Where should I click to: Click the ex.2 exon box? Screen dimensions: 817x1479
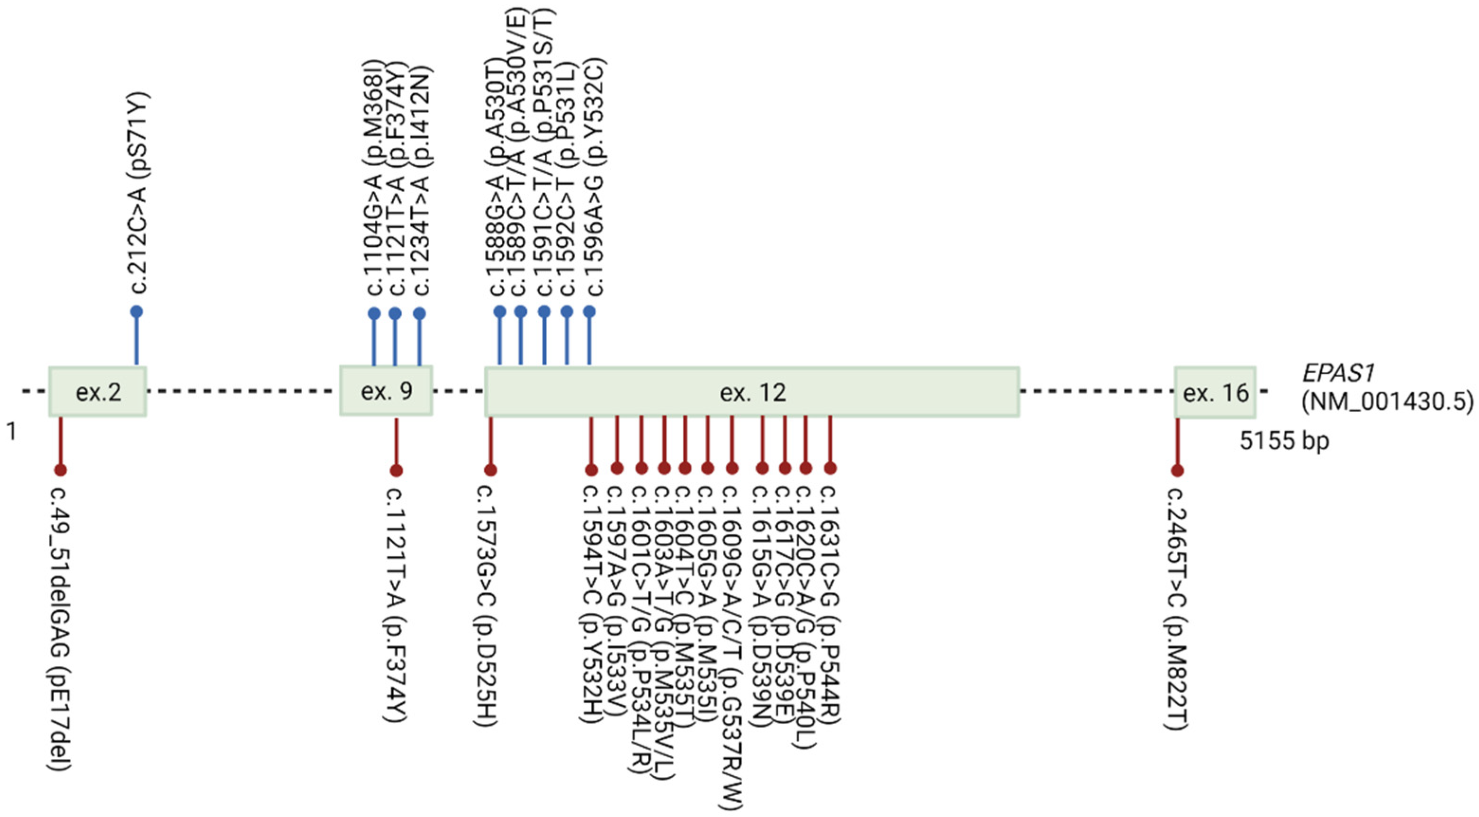pos(98,392)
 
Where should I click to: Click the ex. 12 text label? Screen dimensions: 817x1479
pos(753,393)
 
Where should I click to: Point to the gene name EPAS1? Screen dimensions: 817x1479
pos(1337,374)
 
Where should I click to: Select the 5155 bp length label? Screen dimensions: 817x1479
pos(1284,441)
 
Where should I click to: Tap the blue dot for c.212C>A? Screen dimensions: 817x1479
pos(136,312)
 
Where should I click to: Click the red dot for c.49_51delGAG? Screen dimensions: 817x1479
pos(60,470)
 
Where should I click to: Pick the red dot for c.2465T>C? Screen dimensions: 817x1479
pos(1178,471)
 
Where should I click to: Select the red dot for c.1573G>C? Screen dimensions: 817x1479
pos(490,470)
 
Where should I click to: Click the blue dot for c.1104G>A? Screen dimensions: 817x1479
pos(374,314)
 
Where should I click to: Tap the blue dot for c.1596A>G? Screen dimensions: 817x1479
pos(589,312)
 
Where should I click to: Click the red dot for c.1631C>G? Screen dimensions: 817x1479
pos(830,468)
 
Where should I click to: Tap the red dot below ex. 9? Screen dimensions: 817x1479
pos(396,471)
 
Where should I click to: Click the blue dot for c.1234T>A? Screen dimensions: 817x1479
pos(420,314)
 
